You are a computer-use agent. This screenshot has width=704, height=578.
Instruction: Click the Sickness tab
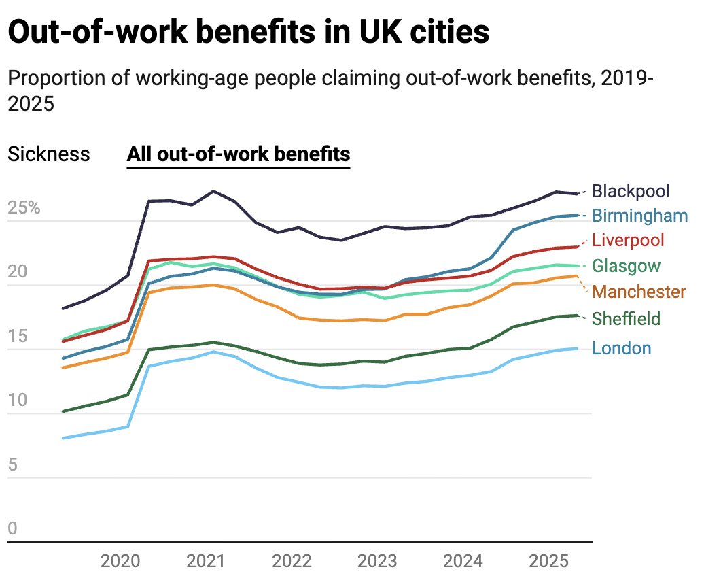click(x=48, y=154)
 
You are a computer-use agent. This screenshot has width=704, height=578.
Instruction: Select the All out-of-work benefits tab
click(x=239, y=154)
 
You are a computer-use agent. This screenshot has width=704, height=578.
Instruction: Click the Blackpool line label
click(x=631, y=191)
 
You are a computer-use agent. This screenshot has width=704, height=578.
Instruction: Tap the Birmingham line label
click(x=639, y=216)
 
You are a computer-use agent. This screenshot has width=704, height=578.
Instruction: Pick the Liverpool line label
click(x=628, y=240)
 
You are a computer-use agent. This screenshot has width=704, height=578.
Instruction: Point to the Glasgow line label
click(x=626, y=265)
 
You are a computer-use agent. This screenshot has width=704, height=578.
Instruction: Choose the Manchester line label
click(x=639, y=292)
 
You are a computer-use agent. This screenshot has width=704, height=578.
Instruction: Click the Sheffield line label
click(x=626, y=318)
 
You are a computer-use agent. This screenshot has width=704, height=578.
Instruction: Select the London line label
click(x=621, y=348)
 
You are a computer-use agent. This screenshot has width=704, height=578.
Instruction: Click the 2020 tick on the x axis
click(x=120, y=562)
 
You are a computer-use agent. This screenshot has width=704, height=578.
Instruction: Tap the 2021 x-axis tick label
click(x=206, y=562)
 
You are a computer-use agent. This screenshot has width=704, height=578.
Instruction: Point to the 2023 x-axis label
click(x=377, y=562)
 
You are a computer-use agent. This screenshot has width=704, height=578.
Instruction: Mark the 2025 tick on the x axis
click(x=548, y=562)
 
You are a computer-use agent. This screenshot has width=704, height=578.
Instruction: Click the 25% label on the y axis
click(x=24, y=208)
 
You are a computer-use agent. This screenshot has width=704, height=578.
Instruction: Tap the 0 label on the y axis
click(x=12, y=528)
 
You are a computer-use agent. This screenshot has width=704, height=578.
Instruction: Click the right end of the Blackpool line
click(x=578, y=194)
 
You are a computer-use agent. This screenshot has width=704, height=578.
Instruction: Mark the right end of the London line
click(x=578, y=349)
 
